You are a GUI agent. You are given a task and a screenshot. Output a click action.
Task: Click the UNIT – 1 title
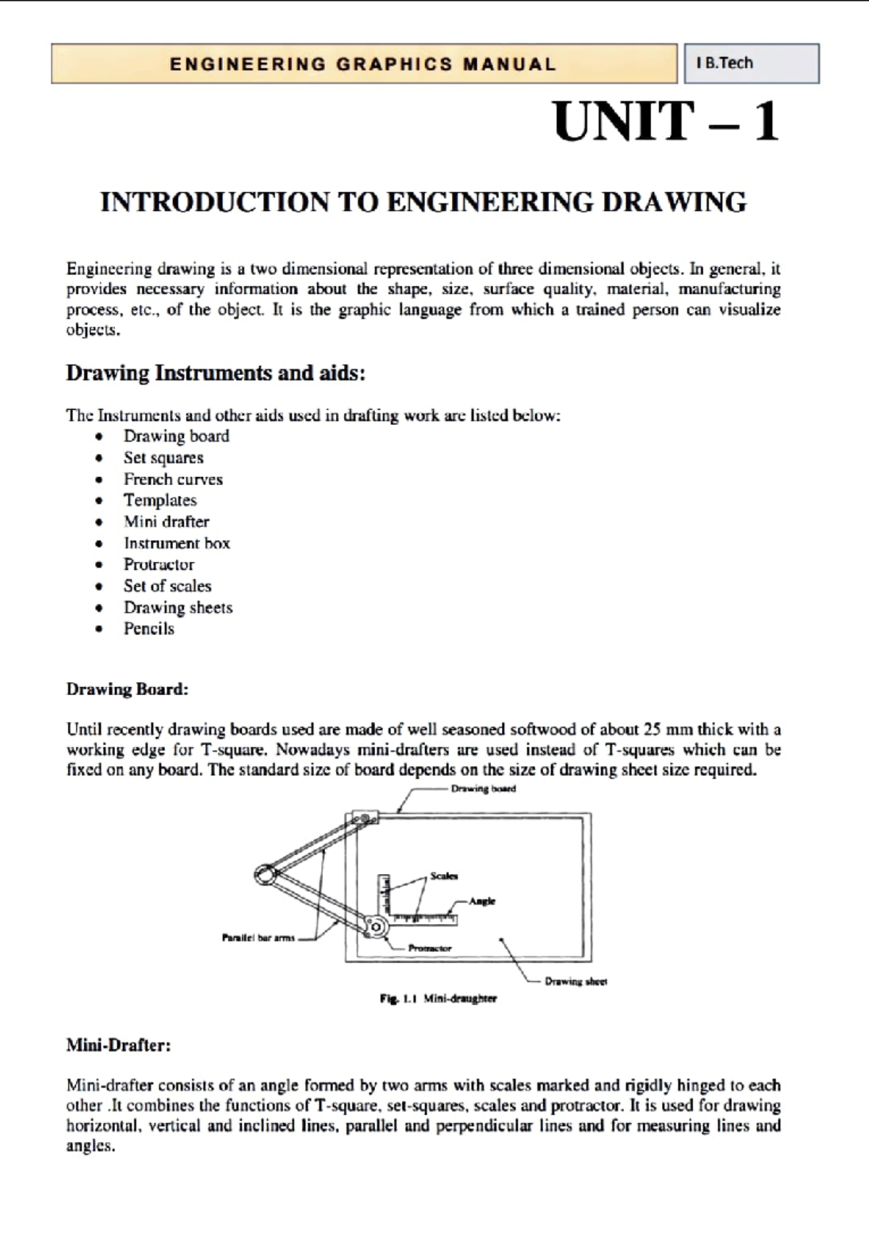point(666,122)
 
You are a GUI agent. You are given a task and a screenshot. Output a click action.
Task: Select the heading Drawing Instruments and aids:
point(216,374)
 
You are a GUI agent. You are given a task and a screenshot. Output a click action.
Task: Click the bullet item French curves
point(173,479)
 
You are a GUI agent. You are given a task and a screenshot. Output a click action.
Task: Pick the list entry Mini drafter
point(167,522)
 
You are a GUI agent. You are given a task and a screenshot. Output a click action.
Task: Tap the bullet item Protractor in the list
point(159,565)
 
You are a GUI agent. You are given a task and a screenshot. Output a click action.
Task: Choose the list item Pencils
point(148,628)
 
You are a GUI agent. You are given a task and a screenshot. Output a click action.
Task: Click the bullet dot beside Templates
point(99,501)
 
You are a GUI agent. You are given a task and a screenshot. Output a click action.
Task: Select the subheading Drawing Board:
point(127,689)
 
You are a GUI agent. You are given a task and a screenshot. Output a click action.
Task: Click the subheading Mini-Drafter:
point(119,1046)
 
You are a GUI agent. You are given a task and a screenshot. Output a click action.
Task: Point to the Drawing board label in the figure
point(483,788)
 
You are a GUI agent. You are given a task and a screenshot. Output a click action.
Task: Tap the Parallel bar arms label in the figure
point(259,938)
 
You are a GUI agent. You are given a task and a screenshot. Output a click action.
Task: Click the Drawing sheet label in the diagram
point(576,982)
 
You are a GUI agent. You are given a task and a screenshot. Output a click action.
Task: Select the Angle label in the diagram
point(482,901)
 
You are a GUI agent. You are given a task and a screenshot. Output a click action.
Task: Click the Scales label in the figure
point(444,876)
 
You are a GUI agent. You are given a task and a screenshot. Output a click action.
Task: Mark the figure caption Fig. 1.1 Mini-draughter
point(438,998)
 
